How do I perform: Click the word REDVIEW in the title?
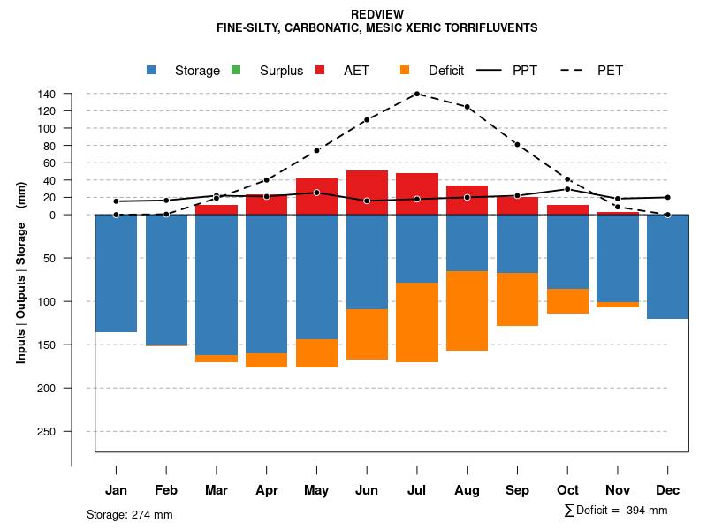pos(377,14)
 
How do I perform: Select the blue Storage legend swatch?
pos(152,70)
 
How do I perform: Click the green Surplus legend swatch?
pos(236,70)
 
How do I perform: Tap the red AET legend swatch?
pos(320,70)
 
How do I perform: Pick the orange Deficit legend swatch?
pos(405,70)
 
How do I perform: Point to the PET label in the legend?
pos(610,71)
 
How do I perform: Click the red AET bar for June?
pos(367,193)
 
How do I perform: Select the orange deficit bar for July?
pos(417,322)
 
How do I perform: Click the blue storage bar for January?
pos(116,273)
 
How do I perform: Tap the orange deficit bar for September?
pos(517,299)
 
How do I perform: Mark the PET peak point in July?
pos(417,94)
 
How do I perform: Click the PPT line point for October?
pos(567,189)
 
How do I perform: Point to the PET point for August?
pos(468,107)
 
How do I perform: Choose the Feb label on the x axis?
pos(166,490)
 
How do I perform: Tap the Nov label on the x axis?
pos(618,490)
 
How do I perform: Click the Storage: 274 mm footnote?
pos(129,514)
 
